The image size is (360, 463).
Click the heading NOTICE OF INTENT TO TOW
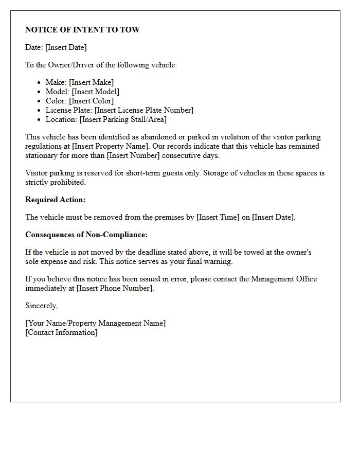click(82, 30)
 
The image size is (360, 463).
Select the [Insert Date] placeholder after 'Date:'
click(66, 47)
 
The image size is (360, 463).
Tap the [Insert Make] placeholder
click(91, 82)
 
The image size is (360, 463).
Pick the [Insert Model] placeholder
click(95, 92)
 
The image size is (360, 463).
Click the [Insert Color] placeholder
click(91, 101)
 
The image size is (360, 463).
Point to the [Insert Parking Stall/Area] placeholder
click(123, 119)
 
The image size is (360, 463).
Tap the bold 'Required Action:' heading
click(56, 200)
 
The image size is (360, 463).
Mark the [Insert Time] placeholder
click(218, 217)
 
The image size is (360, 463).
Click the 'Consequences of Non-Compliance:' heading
click(86, 235)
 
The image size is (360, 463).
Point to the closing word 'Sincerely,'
click(42, 306)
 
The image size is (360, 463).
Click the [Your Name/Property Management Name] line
click(96, 323)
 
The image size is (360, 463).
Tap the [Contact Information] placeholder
click(61, 332)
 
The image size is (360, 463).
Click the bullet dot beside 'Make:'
click(40, 82)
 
